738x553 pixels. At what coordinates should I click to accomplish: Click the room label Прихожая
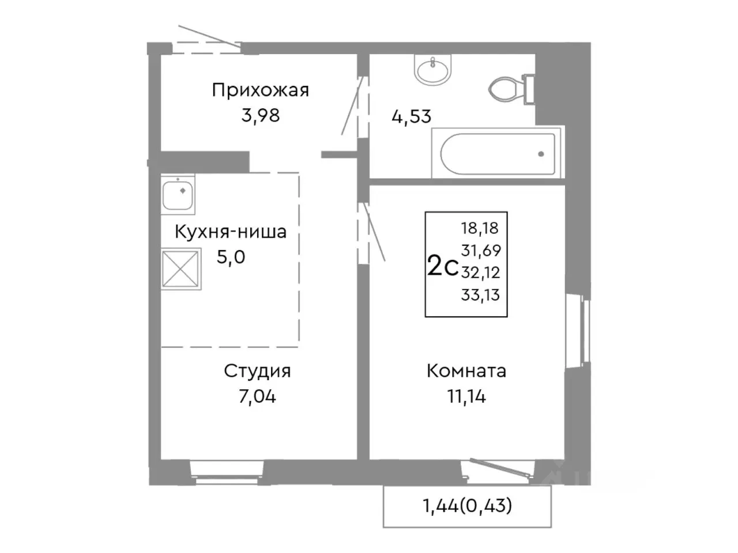[260, 90]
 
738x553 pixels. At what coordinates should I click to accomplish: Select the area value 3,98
[260, 115]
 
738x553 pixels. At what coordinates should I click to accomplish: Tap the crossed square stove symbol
[181, 268]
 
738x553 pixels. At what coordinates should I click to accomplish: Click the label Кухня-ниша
[231, 232]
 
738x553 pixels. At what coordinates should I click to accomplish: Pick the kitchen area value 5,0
[231, 257]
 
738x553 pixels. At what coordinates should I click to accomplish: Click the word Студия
[257, 371]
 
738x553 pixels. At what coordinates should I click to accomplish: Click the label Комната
[466, 371]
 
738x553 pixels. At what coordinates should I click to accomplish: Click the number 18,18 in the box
[480, 228]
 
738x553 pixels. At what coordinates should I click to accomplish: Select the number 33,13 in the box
[480, 296]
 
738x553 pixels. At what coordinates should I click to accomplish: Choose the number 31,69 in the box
[480, 251]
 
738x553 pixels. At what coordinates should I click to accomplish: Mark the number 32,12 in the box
[480, 272]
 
